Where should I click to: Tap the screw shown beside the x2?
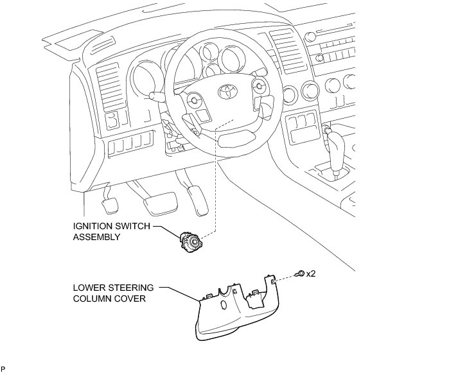300,275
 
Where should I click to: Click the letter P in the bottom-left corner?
3,369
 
